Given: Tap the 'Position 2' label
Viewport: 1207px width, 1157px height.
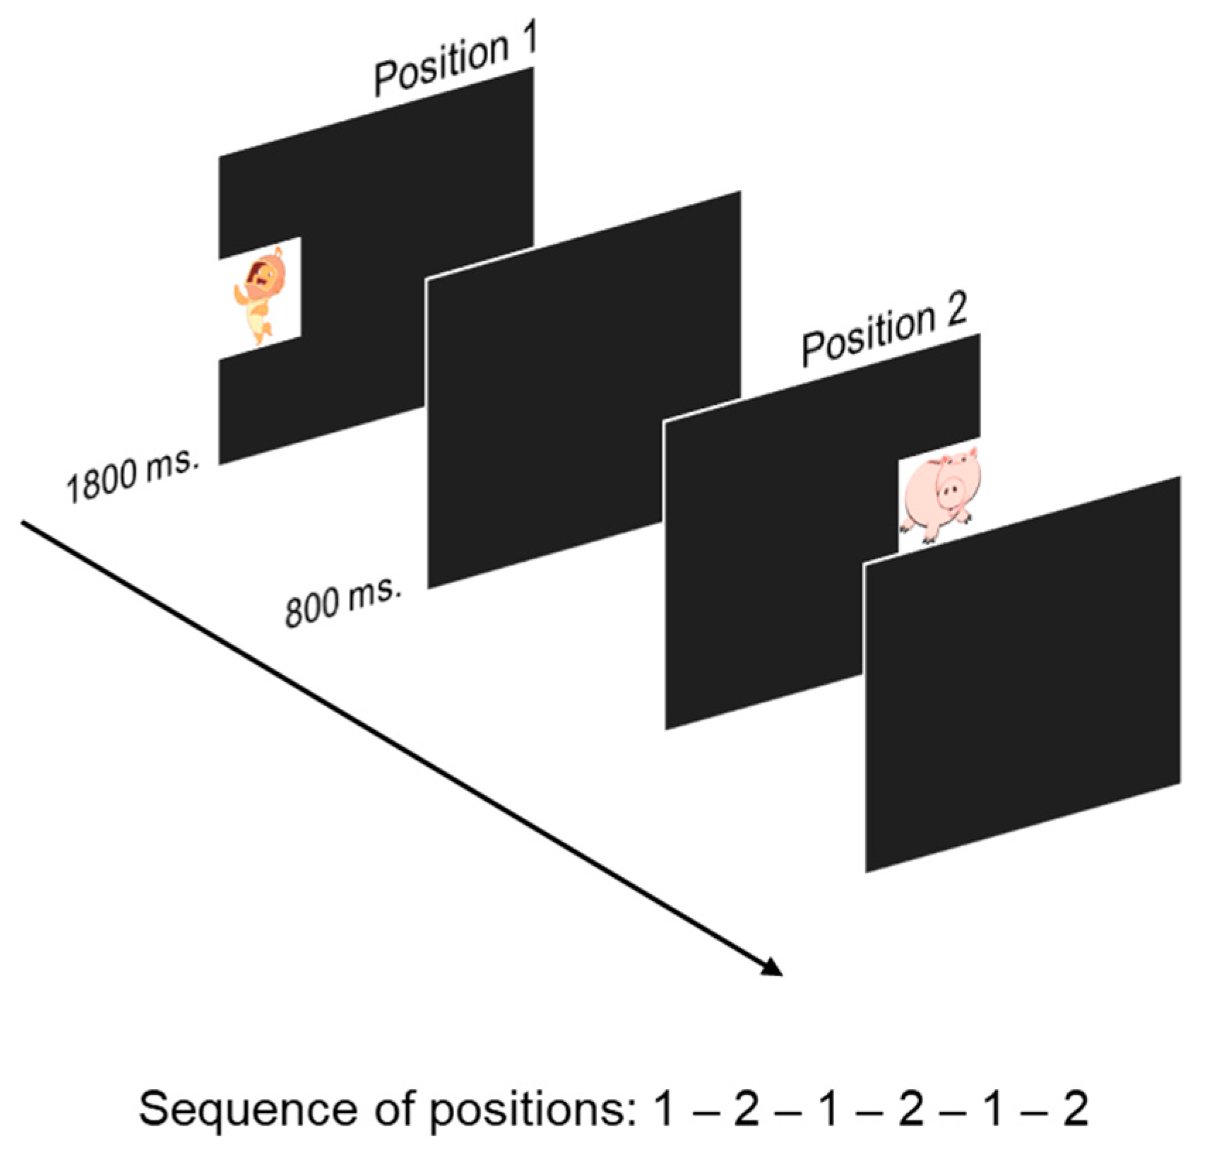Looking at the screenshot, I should [x=884, y=332].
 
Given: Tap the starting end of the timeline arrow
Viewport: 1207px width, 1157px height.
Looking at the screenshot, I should [x=25, y=523].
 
